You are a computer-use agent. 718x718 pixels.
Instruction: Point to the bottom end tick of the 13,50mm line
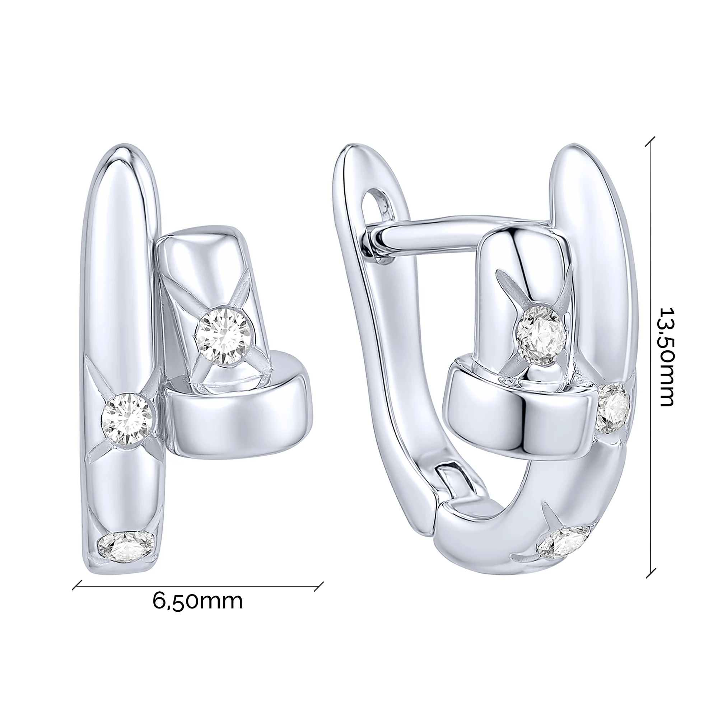[651, 573]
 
